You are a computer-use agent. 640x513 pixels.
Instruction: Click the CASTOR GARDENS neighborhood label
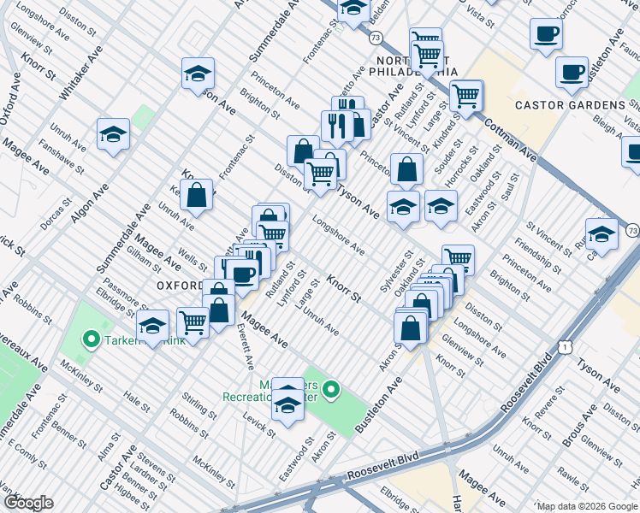click(570, 105)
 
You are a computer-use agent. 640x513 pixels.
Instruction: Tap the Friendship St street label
click(538, 257)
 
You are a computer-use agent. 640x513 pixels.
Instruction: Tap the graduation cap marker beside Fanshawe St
click(113, 135)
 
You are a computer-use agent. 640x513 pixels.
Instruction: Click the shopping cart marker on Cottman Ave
click(466, 97)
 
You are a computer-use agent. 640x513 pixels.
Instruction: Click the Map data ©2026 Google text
click(586, 505)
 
